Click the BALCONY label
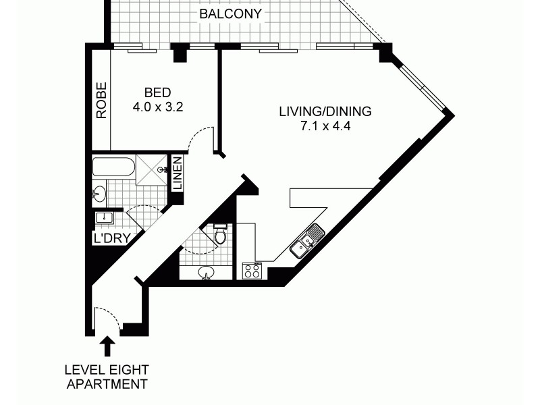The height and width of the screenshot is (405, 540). point(231,13)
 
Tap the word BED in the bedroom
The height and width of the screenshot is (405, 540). point(157,93)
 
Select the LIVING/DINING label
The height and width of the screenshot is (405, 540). point(325,111)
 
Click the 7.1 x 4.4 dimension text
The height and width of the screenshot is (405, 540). point(325,126)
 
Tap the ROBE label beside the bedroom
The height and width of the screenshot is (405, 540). point(101,101)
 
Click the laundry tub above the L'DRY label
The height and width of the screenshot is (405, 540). point(103,217)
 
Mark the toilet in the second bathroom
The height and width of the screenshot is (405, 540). point(219,234)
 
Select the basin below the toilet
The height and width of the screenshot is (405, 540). point(207,272)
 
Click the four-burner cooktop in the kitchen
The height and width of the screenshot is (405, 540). point(252,271)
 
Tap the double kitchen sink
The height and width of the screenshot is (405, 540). point(306,243)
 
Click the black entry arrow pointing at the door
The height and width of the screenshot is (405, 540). point(107,347)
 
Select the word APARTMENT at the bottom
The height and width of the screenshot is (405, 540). point(106,385)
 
